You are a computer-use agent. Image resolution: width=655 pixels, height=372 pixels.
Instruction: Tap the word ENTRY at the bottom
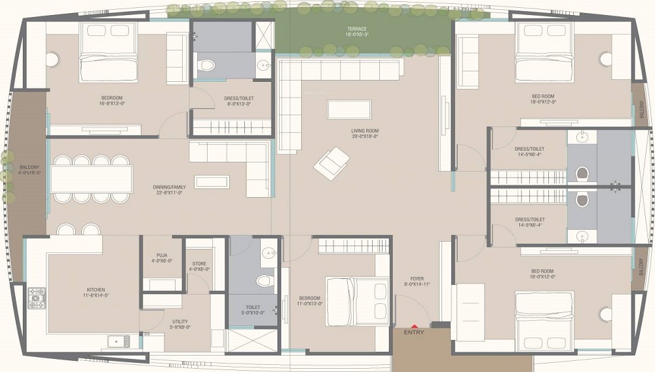[414, 333]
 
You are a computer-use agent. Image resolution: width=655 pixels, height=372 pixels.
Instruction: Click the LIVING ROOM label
[365, 131]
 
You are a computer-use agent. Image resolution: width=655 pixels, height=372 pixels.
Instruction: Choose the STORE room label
[199, 264]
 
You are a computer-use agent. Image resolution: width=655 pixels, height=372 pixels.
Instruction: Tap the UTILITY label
[180, 322]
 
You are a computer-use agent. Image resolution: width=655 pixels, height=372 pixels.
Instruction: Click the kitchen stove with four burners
[36, 298]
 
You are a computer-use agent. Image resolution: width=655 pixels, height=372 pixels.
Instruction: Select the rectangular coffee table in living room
[349, 109]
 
